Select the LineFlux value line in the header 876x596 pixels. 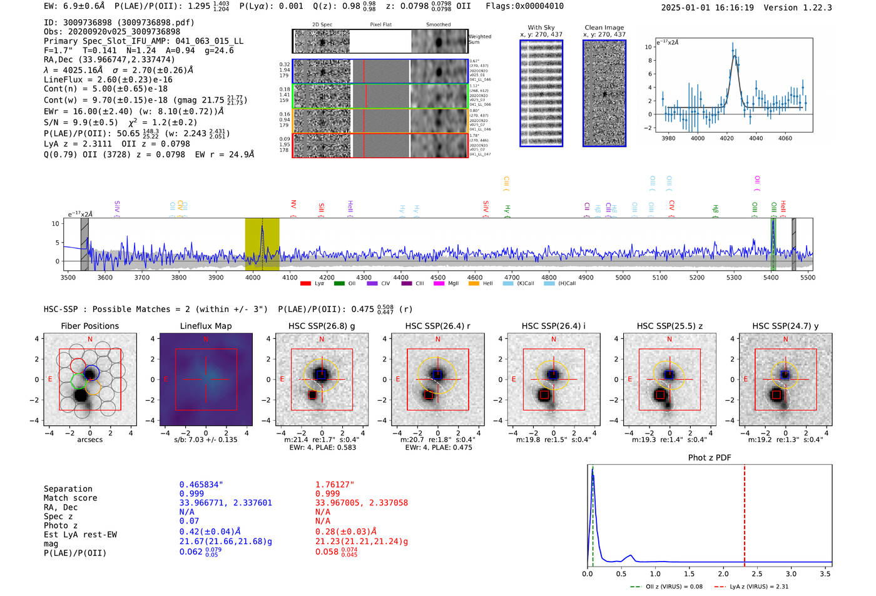[x=108, y=79]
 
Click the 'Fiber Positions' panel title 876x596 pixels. [x=89, y=326]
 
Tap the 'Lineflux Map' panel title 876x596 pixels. [x=205, y=326]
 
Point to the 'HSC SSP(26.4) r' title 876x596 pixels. [x=437, y=326]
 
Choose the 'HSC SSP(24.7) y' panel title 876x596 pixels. [x=785, y=326]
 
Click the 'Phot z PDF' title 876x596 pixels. [x=710, y=458]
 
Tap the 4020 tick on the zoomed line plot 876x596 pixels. [x=726, y=138]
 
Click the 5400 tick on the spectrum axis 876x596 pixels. [x=771, y=278]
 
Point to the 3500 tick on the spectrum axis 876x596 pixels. [x=68, y=278]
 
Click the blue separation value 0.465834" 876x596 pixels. [x=201, y=485]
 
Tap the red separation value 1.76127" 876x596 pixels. [x=335, y=485]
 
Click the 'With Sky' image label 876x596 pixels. [x=541, y=28]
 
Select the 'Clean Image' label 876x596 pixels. [x=604, y=28]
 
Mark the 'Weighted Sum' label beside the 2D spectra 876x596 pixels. [x=479, y=39]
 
